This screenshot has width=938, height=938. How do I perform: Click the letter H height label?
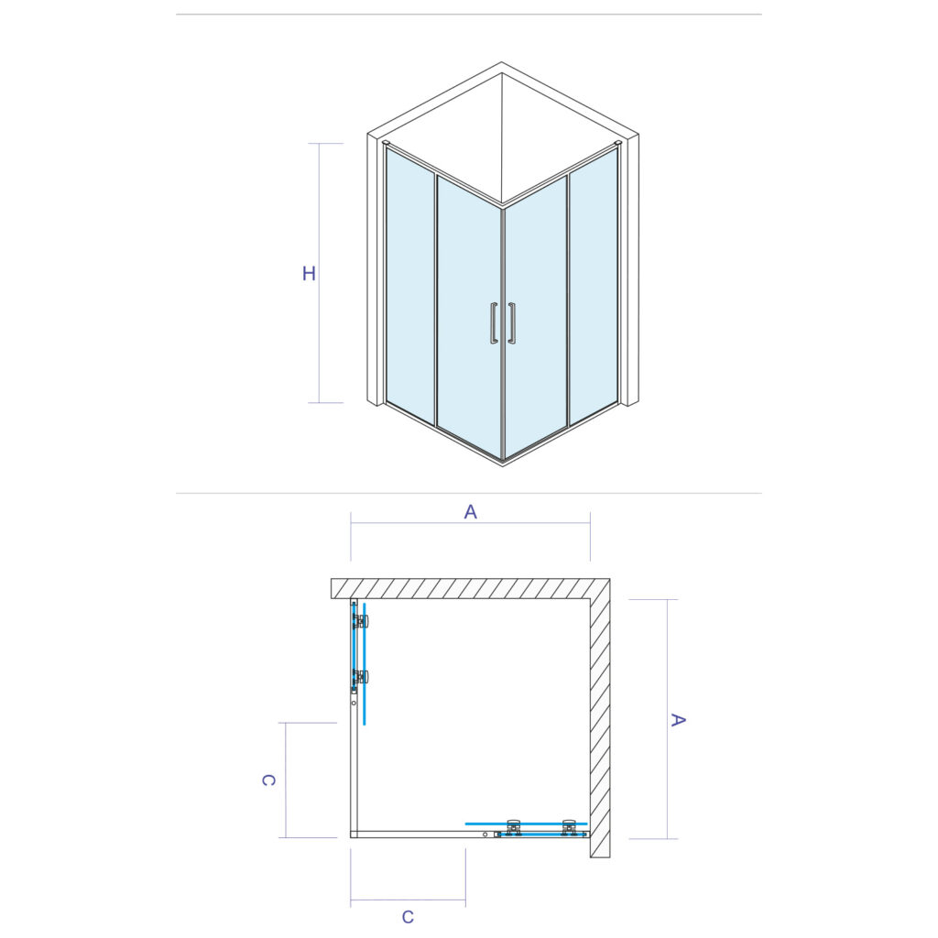309,273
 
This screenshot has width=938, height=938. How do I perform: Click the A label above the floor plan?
471,512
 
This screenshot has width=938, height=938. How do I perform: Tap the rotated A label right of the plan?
678,720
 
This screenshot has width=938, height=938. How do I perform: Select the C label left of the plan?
268,780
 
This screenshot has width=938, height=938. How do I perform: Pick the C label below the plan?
408,916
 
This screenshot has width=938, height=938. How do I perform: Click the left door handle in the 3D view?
494,323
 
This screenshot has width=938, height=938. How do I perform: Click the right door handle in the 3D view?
511,323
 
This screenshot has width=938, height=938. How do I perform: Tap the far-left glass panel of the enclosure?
409,286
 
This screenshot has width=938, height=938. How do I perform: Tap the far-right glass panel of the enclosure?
594,286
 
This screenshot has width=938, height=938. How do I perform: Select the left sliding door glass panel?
470,317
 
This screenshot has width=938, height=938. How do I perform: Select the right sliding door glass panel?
535,317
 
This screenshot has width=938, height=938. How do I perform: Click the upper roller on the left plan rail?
361,622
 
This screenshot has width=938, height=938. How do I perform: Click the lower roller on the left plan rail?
361,677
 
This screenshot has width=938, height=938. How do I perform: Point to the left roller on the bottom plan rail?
514,827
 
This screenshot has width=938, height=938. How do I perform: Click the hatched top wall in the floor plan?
470,588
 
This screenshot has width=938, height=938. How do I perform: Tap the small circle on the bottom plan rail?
485,834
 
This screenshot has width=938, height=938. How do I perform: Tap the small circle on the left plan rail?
354,703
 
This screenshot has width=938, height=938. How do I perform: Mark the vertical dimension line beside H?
318,273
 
